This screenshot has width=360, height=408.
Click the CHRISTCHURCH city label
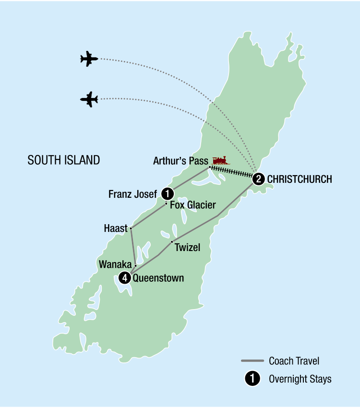pos(300,179)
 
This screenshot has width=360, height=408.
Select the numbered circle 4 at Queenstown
pos(124,277)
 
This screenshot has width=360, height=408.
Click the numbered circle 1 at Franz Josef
pos(167,193)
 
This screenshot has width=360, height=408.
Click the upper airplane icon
pos(89,59)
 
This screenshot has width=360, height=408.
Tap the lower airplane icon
pos(89,99)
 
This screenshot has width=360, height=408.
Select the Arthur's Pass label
pos(180,161)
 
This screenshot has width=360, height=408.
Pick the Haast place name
pos(116,229)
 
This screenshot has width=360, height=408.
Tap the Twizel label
pos(188,248)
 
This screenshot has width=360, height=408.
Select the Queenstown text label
pos(158,278)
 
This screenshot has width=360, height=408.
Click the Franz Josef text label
pos(133,194)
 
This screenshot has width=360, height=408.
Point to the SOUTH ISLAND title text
pos(64,160)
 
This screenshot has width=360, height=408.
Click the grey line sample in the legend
pos(252,360)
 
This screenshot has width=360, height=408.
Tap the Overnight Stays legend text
pos(300,379)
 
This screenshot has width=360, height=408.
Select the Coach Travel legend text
pos(294,360)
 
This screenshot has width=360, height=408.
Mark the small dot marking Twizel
pos(171,241)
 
